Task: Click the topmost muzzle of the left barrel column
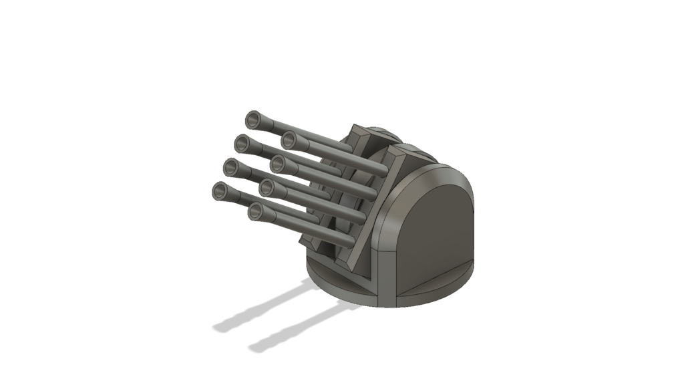253,120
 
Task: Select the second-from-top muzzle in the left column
242,143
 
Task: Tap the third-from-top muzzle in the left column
232,166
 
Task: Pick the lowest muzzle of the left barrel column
220,191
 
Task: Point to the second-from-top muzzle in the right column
279,162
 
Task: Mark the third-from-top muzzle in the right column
267,188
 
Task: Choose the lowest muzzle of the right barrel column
256,213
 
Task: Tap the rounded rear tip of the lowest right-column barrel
348,243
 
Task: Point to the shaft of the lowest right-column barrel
301,227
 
